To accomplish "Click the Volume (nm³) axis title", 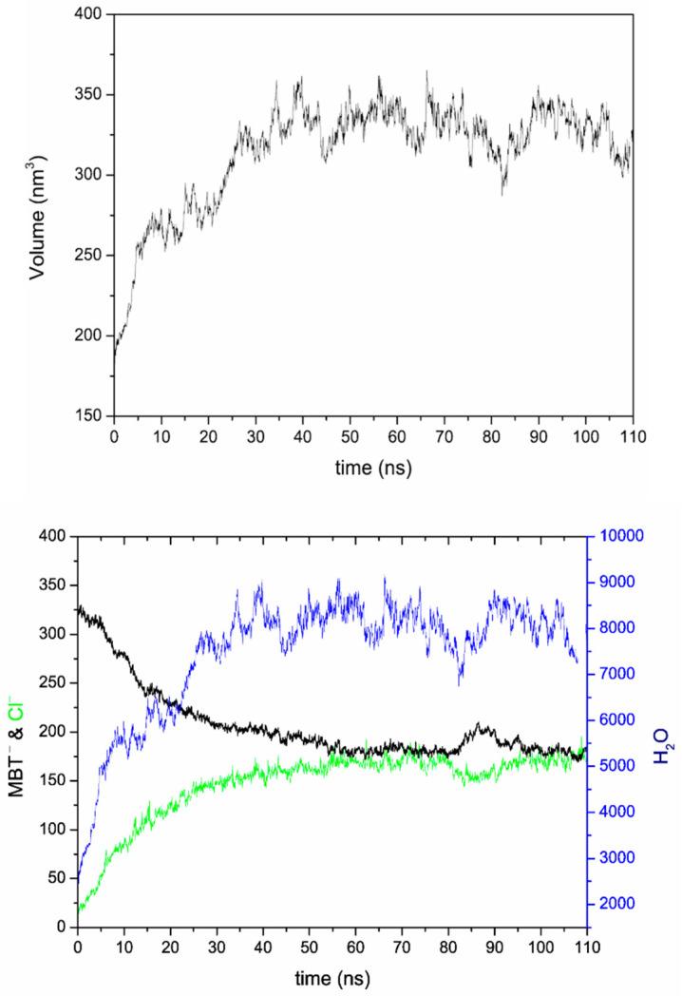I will pos(38,218).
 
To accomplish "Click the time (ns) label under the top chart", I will pos(372,469).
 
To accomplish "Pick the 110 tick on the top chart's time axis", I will pos(632,436).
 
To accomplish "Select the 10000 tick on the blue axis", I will pos(615,536).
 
